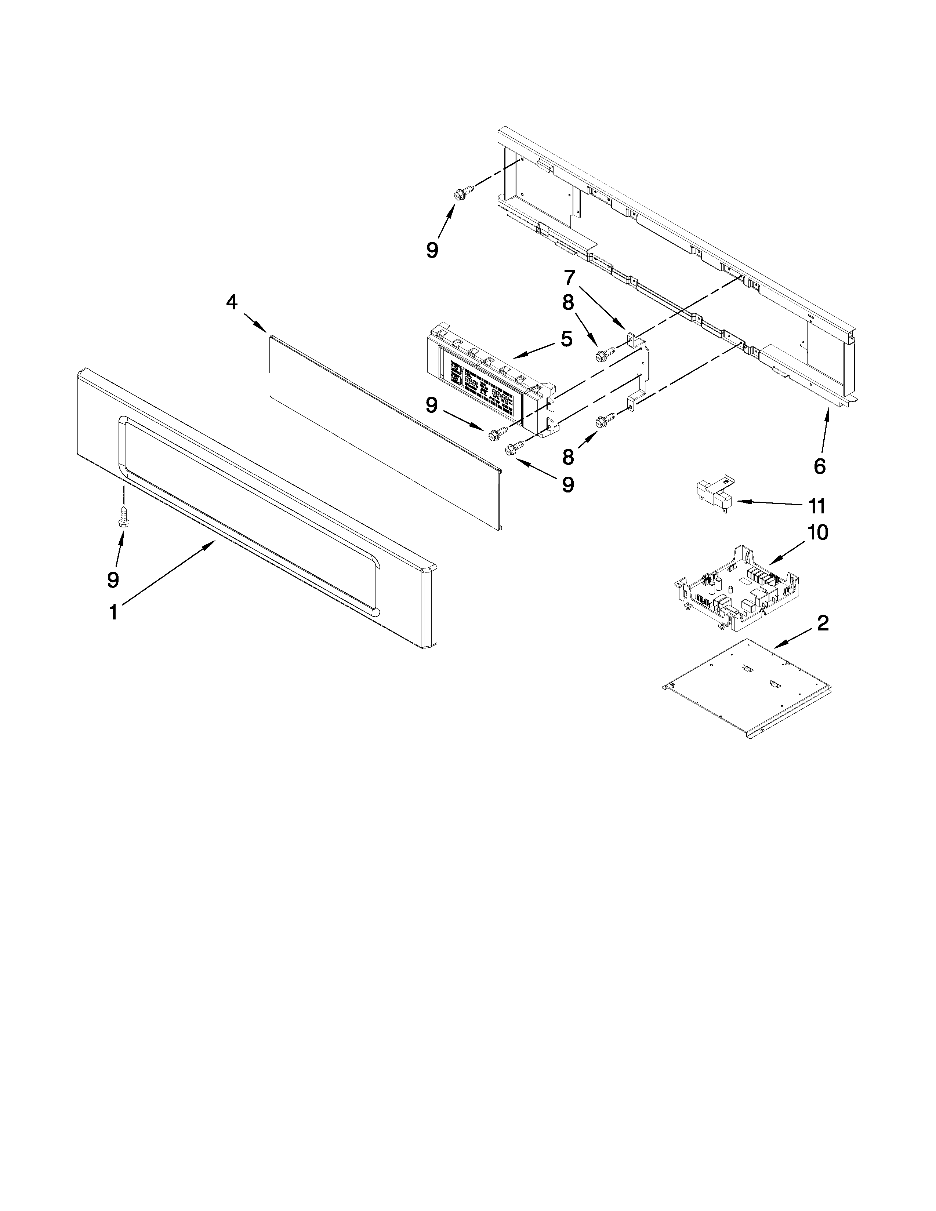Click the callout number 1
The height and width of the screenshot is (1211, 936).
pos(113,613)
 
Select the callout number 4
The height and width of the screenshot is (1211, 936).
pos(232,302)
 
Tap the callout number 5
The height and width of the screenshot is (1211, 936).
pos(566,339)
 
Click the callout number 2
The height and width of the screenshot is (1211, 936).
pos(823,623)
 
